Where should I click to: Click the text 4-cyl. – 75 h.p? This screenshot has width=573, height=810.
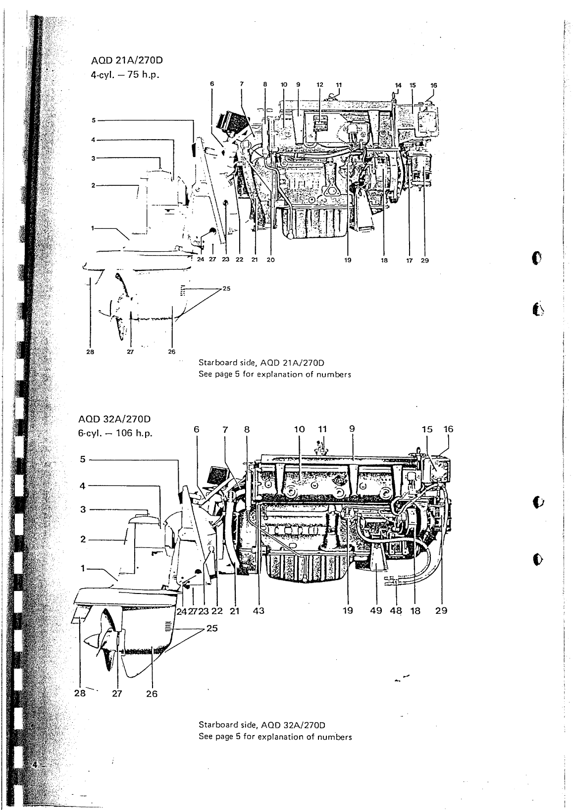coord(124,75)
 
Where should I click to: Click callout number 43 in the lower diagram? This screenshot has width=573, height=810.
coord(259,611)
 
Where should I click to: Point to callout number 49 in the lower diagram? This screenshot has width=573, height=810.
coord(376,611)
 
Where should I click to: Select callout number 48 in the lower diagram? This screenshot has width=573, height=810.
coord(395,611)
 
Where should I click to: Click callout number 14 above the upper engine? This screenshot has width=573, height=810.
coord(397,85)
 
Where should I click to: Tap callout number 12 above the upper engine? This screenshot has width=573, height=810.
coord(320,85)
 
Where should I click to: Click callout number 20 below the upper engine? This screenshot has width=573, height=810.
coord(270,259)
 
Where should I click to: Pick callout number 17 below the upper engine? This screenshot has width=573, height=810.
coord(410,259)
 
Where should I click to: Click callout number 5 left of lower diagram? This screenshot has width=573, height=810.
coord(84,459)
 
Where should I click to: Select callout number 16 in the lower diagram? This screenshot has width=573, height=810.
coord(449,430)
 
